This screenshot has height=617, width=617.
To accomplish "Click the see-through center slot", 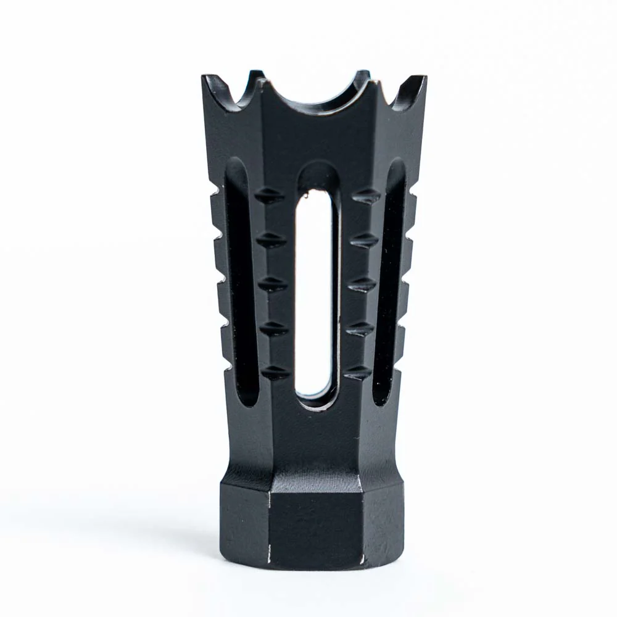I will click(314, 290).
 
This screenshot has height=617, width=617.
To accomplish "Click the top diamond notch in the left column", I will click(269, 196).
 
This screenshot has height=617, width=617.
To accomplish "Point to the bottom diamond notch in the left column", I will click(275, 372).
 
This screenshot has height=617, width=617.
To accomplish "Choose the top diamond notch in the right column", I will click(366, 196).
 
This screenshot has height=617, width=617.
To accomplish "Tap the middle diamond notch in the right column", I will click(362, 284).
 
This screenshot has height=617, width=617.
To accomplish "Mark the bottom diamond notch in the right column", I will click(358, 372).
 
